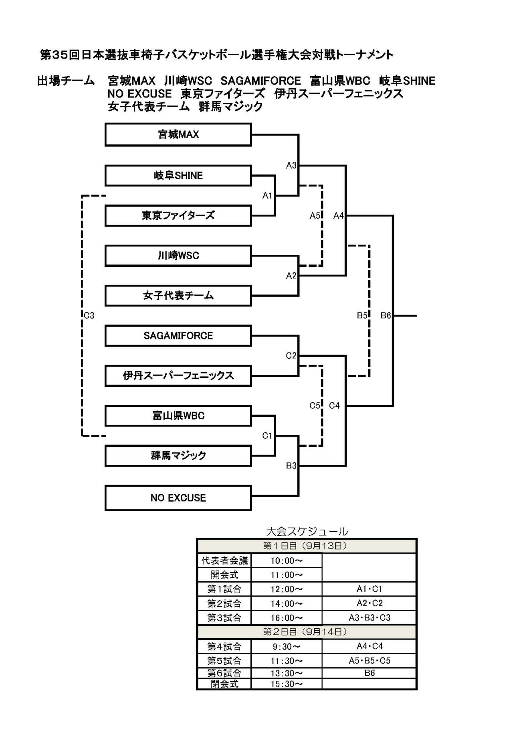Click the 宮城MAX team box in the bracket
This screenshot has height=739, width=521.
(178, 134)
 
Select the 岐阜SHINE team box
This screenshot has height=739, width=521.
(178, 175)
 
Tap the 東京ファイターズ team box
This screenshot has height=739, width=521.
(178, 215)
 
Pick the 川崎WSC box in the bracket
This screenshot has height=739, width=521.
(178, 256)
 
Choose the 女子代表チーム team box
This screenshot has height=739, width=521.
(178, 296)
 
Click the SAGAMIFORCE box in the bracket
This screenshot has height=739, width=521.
(178, 336)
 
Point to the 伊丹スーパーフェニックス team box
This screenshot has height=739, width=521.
(178, 376)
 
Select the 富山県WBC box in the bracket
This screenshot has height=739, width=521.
(178, 416)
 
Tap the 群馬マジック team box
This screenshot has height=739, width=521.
(178, 456)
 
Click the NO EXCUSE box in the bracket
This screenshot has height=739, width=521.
(178, 498)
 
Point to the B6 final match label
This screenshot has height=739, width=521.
(386, 316)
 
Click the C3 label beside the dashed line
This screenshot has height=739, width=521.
(89, 316)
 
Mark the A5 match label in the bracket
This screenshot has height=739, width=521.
(315, 216)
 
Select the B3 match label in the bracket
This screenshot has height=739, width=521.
(291, 466)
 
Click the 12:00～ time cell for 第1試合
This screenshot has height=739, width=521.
(287, 589)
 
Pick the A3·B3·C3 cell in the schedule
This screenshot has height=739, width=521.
(369, 618)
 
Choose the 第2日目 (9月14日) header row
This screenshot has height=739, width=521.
(307, 632)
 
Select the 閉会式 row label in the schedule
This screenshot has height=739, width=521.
(224, 684)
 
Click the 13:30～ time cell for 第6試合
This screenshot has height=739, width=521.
(287, 673)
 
